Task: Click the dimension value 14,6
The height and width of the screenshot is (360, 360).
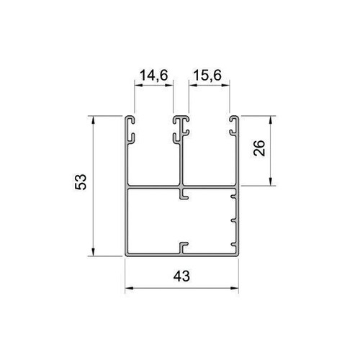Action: click(x=153, y=76)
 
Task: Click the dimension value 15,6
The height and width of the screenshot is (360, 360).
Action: click(x=207, y=76)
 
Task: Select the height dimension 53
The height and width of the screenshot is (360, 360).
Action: click(x=81, y=182)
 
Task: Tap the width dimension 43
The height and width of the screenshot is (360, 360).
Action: click(x=181, y=276)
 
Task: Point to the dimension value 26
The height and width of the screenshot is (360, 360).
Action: click(x=259, y=148)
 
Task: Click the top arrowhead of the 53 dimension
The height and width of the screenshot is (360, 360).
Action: click(x=93, y=120)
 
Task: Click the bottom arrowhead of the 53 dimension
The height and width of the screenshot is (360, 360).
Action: click(x=93, y=252)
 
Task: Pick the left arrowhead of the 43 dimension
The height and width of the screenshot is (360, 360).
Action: click(x=129, y=288)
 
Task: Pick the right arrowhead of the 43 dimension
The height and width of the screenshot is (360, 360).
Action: click(x=235, y=288)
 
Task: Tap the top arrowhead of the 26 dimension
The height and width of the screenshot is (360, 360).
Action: click(x=271, y=120)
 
